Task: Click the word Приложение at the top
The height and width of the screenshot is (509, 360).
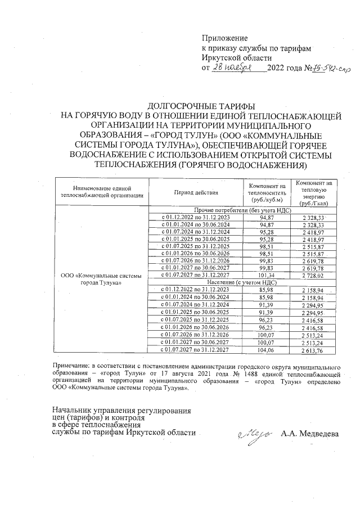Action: point(224,38)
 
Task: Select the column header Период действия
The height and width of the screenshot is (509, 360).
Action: point(196,192)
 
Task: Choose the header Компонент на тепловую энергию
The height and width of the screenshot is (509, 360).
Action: point(316,192)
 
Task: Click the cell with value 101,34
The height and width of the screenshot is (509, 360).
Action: point(267,275)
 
